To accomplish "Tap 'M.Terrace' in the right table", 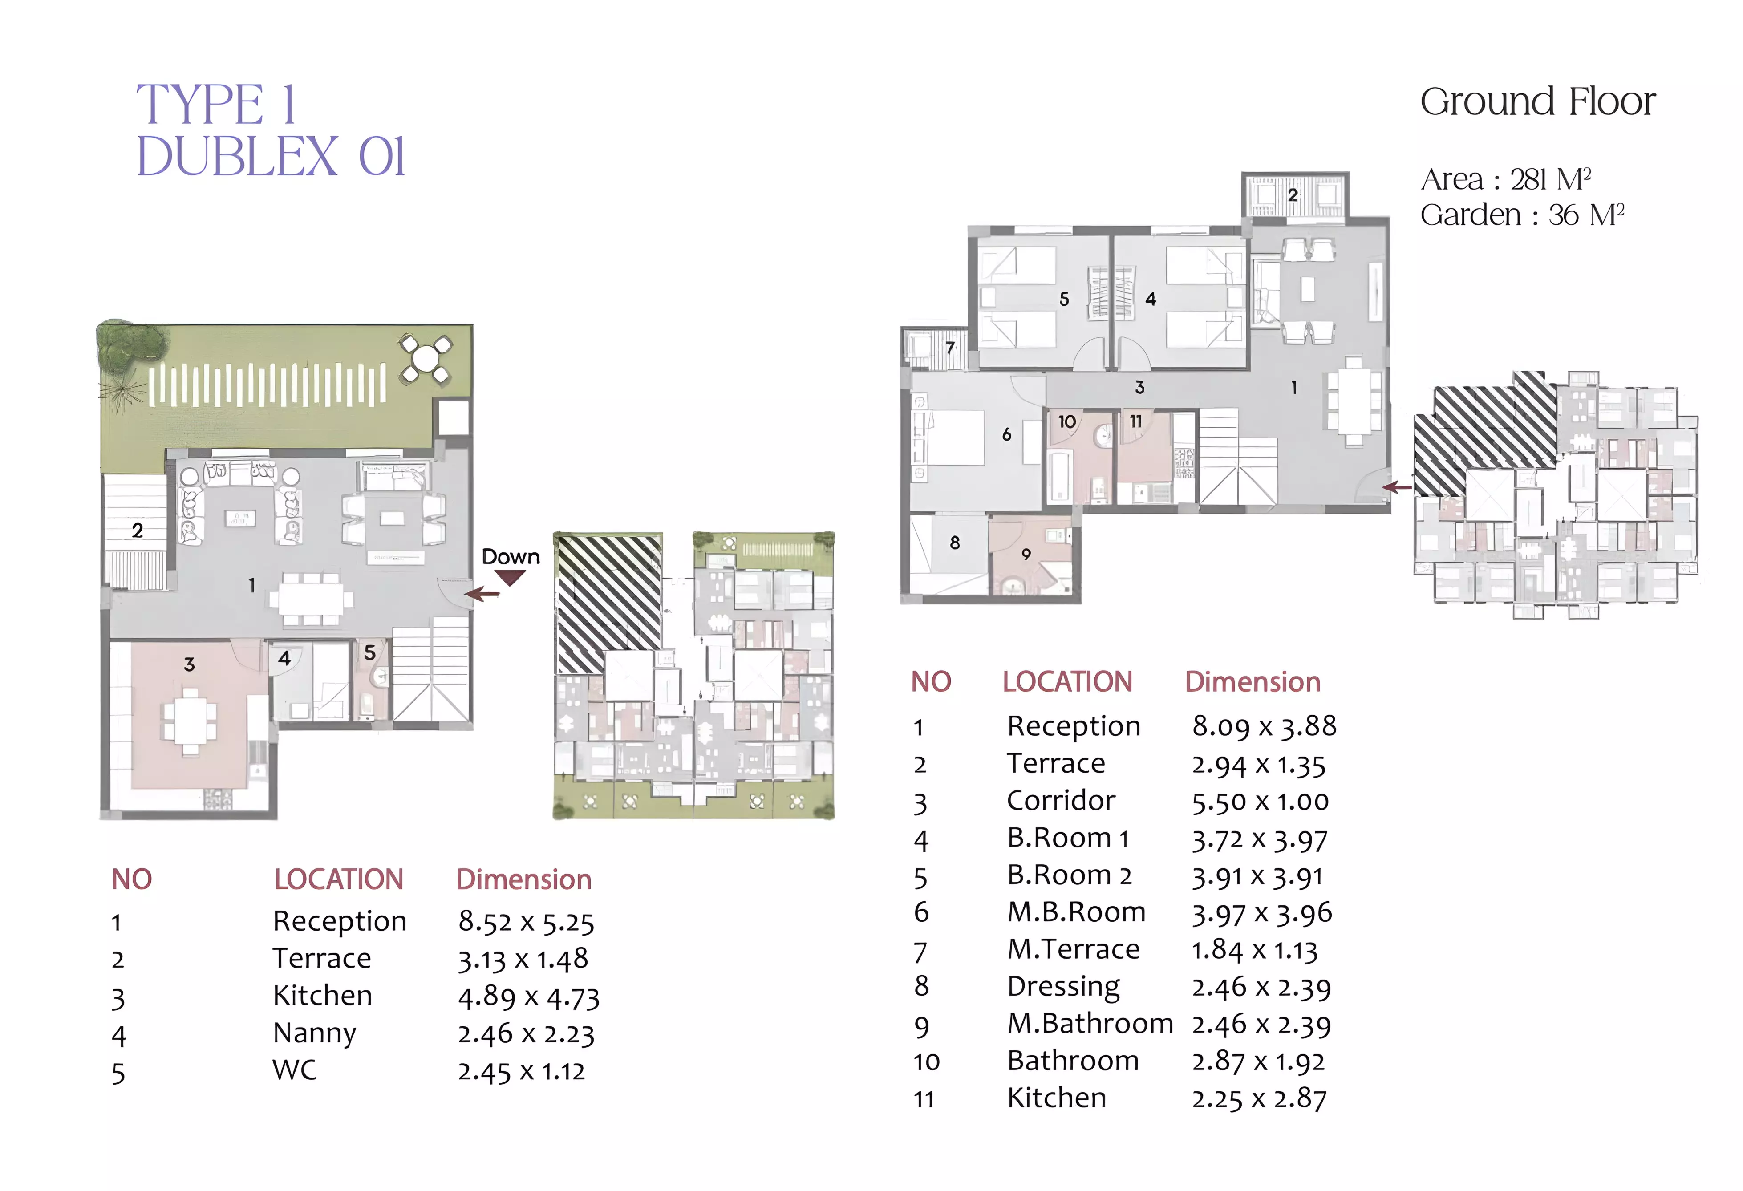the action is [x=1073, y=949].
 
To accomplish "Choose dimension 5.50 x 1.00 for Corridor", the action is [x=1260, y=802].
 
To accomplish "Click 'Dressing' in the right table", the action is [x=1063, y=987].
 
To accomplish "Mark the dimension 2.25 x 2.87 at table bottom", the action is [x=1259, y=1099].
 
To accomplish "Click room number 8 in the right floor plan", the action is [x=955, y=542].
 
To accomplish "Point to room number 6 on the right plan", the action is [x=1006, y=434].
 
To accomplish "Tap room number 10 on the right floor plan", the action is [x=1066, y=421].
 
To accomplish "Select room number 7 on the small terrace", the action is [x=950, y=348].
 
